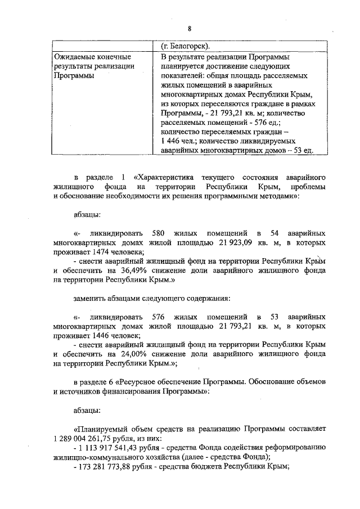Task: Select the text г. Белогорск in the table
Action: pos(187,46)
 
